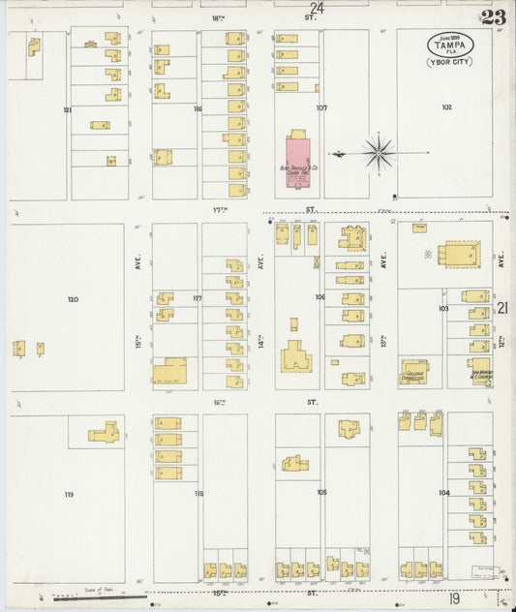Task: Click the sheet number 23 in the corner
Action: [492, 16]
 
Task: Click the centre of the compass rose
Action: [379, 152]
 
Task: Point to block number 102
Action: [446, 107]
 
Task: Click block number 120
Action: [73, 300]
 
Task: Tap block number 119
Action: [69, 495]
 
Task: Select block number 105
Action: [321, 492]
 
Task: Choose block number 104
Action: [444, 493]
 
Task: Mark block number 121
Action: [68, 110]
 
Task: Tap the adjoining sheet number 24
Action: [317, 8]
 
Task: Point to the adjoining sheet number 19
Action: [454, 600]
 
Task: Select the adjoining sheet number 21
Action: [502, 308]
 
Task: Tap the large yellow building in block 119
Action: [104, 432]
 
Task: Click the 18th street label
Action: [216, 17]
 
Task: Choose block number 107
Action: [321, 107]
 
